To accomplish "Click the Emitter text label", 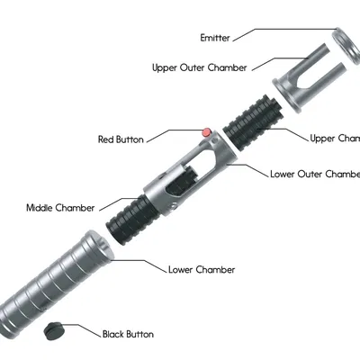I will (215, 38).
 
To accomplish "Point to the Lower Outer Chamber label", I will (314, 174).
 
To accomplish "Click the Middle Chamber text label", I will (60, 208).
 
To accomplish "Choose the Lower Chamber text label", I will (202, 269).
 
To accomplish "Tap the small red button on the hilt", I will (206, 132).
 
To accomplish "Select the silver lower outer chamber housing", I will (193, 170).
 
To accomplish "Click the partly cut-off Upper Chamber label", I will (334, 138).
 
